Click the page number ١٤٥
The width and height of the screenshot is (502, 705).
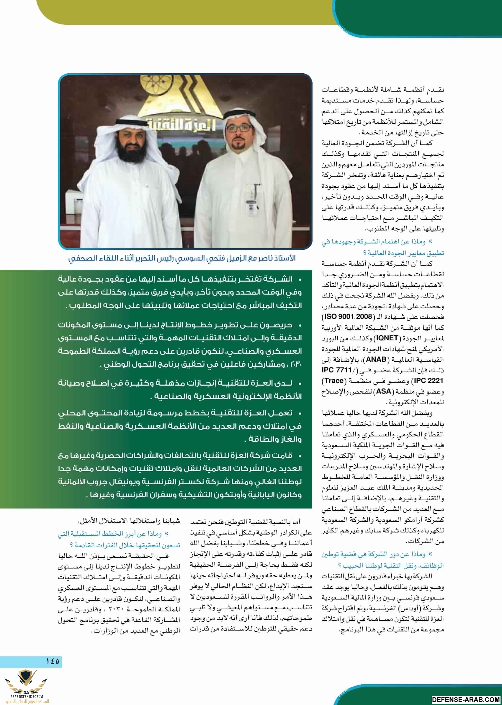point(52,661)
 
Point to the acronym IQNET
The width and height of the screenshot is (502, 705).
point(386,338)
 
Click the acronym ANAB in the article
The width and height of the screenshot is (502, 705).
point(376,359)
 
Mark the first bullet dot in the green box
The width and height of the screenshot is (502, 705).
point(300,280)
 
